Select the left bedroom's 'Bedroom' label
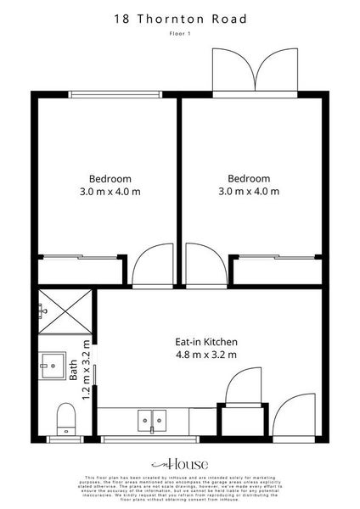pos(110,178)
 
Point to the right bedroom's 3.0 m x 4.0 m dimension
pos(249,192)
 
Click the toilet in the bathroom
pos(65,418)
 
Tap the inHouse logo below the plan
pos(179,465)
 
